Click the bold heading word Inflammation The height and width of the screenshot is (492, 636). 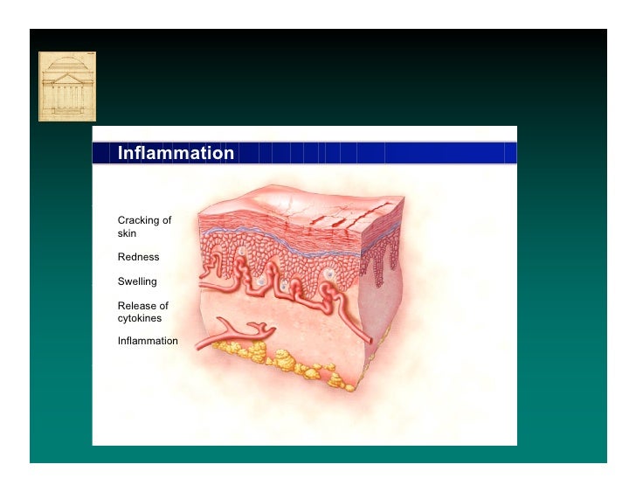(176, 154)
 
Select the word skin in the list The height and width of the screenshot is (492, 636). (127, 233)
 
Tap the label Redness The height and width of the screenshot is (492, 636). (138, 257)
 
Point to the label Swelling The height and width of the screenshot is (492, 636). (137, 281)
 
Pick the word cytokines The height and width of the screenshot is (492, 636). (140, 318)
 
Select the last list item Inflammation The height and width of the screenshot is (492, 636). (148, 341)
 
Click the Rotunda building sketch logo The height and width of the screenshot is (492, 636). (67, 87)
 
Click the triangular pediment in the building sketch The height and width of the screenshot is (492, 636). (67, 80)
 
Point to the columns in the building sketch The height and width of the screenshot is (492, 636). (67, 98)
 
